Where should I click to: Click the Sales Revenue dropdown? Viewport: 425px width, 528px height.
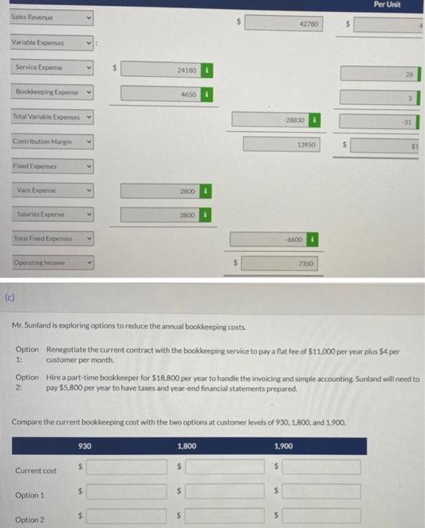[x=53, y=16]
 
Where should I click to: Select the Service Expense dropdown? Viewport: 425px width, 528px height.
[x=53, y=69]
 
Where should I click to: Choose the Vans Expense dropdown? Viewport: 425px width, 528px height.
[x=53, y=190]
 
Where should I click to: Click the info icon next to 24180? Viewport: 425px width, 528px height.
[x=207, y=69]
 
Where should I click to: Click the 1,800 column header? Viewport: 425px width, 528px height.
[x=188, y=446]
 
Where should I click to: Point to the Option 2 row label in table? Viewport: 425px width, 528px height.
[x=29, y=519]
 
